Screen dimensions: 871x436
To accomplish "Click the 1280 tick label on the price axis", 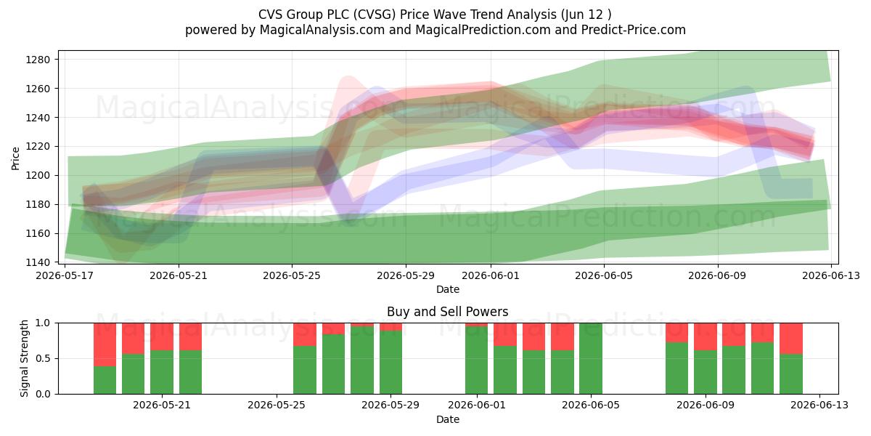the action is click(38, 60).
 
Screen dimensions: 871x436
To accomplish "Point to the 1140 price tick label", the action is click(38, 262).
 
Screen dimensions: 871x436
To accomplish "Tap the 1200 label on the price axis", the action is click(38, 176).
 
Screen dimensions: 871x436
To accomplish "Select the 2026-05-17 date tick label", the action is click(65, 275).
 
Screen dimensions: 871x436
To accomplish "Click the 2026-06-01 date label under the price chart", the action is click(491, 275).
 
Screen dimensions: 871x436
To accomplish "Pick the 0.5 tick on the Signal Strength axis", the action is click(43, 358).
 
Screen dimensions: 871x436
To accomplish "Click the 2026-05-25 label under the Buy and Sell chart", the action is click(277, 405).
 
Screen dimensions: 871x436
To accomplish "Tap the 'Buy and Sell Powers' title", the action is click(448, 312).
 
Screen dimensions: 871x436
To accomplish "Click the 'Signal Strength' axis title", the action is click(24, 358).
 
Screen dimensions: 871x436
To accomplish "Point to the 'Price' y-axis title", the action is click(15, 158).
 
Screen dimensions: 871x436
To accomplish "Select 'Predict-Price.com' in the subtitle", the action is click(634, 30).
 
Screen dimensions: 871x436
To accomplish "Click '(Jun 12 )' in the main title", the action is click(586, 15).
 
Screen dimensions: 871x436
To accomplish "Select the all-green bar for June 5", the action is click(591, 358).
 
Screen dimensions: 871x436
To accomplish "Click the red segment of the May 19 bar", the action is click(105, 344).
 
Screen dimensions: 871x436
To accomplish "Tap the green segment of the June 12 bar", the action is click(791, 374).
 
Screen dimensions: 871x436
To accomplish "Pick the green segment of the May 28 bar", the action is click(362, 360).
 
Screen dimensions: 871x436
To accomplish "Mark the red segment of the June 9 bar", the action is click(706, 336).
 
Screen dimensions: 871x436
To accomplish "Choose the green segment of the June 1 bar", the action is click(476, 360).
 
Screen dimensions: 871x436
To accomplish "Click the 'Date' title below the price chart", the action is click(448, 289).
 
